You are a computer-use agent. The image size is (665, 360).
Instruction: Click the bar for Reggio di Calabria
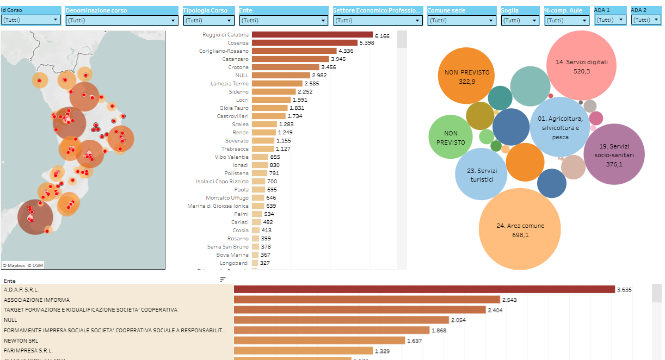(x=311, y=35)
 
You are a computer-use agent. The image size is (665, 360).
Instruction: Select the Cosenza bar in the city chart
(x=304, y=43)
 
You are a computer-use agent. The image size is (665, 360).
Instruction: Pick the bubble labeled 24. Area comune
(x=520, y=229)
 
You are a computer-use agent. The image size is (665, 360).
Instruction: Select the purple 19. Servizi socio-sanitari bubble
(x=614, y=154)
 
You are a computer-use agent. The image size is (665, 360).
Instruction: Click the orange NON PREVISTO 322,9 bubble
(x=466, y=76)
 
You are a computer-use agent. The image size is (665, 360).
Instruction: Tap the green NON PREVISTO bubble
(x=451, y=137)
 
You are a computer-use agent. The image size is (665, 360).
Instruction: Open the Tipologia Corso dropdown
(x=209, y=21)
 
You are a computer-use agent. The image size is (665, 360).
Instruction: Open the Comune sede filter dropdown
(x=461, y=21)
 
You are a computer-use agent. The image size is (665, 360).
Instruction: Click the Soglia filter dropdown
(x=520, y=21)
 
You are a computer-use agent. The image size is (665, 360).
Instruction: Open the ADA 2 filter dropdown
(x=645, y=20)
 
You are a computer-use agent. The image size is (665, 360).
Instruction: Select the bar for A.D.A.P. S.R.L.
(x=424, y=290)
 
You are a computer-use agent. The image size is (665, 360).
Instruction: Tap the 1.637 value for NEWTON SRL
(x=415, y=341)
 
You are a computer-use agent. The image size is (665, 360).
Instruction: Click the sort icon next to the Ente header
(x=223, y=280)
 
